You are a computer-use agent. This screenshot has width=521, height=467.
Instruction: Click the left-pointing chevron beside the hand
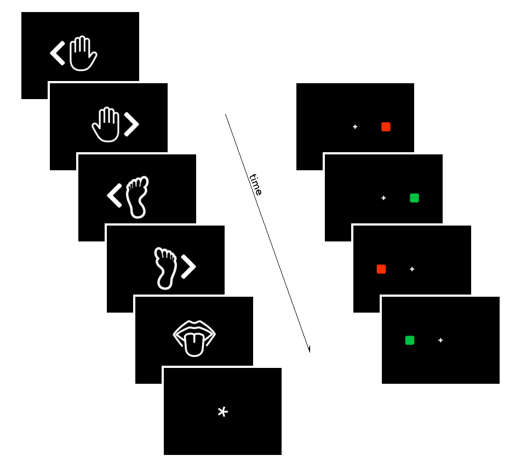(58, 54)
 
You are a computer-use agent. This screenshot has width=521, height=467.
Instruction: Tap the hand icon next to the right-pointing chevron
(106, 125)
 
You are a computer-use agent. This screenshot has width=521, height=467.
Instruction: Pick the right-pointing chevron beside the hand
(131, 125)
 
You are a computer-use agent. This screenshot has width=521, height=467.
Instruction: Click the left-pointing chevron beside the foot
(114, 196)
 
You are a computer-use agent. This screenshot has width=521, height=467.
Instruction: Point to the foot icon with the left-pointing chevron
(137, 197)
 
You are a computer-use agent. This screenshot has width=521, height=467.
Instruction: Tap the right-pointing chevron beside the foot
(188, 267)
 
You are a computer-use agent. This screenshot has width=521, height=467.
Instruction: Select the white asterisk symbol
(222, 412)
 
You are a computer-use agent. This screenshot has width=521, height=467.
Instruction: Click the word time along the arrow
(256, 185)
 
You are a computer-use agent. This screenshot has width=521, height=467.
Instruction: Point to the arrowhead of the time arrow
(310, 350)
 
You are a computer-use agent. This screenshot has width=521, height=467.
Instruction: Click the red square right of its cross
(386, 127)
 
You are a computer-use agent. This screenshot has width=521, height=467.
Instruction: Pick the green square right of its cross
(414, 198)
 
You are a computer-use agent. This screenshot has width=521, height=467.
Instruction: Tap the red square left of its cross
(381, 269)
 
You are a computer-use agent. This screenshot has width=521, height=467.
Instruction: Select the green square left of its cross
(410, 341)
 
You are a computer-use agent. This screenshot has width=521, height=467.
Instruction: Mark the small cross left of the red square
(355, 127)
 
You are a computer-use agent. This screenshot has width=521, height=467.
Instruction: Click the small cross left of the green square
(383, 198)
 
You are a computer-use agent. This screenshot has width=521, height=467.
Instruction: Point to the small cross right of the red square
(412, 269)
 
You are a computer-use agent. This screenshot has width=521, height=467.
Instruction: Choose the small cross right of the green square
(440, 341)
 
